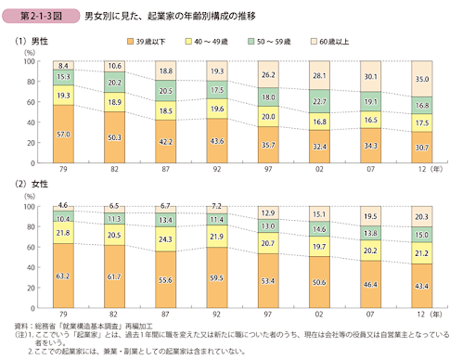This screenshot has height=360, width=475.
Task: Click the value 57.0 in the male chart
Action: click(x=63, y=109)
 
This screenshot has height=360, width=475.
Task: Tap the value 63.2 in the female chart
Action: click(x=63, y=276)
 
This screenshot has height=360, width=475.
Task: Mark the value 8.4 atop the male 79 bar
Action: click(x=63, y=66)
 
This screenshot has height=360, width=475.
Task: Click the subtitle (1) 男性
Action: click(x=32, y=42)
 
